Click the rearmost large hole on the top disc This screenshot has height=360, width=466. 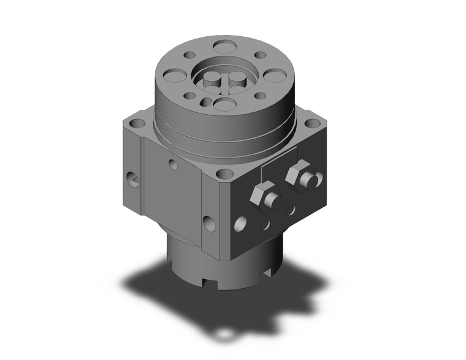click(226, 46)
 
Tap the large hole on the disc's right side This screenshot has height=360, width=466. click(275, 75)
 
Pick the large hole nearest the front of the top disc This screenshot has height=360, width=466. click(225, 104)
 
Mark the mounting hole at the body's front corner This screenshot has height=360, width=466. click(225, 174)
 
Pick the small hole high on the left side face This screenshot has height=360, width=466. click(173, 164)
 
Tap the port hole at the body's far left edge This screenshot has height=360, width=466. click(132, 179)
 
